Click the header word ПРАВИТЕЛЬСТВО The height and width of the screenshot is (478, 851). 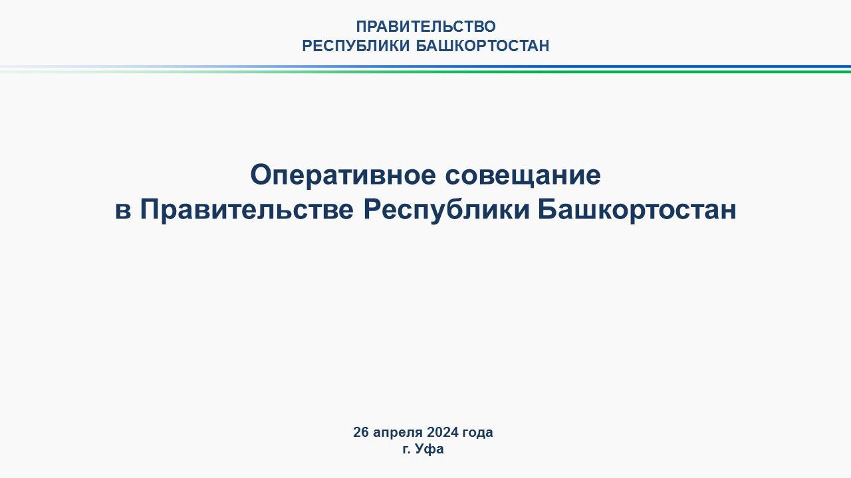425,27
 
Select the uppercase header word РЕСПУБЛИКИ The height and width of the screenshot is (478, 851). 356,46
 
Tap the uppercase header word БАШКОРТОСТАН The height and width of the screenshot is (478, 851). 483,46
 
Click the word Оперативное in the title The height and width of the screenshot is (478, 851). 343,176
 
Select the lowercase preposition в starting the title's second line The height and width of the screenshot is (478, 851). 123,211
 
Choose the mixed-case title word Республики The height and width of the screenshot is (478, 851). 446,210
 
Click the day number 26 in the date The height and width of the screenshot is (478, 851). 361,432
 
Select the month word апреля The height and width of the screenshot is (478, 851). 398,433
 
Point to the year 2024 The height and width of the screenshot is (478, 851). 443,432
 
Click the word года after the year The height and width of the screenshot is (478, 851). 477,433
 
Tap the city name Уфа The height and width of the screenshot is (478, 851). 429,449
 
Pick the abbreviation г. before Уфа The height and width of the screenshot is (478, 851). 407,450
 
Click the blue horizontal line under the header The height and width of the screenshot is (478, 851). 425,67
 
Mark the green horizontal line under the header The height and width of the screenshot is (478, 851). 425,71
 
